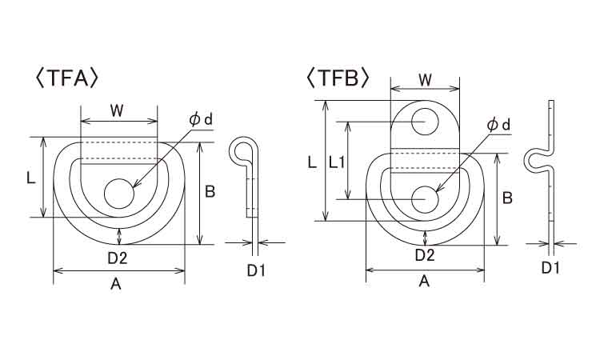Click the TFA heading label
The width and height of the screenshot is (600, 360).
click(67, 78)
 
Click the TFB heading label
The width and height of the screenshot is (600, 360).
click(338, 78)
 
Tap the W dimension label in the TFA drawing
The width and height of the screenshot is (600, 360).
click(117, 111)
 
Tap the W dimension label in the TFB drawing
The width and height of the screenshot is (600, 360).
click(425, 80)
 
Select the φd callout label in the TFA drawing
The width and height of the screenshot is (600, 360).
click(201, 120)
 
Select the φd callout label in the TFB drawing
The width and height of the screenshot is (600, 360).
click(498, 125)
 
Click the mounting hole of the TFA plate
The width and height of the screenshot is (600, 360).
click(119, 193)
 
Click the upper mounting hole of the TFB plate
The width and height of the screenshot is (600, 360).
click(425, 122)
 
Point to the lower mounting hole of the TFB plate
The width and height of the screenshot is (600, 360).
click(425, 199)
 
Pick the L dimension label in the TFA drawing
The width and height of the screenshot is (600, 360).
click(31, 178)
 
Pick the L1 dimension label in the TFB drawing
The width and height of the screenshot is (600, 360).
click(337, 163)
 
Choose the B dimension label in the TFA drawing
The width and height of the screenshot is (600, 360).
click(210, 192)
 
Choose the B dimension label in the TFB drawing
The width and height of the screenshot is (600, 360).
click(507, 198)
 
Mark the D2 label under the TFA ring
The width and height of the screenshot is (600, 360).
click(117, 258)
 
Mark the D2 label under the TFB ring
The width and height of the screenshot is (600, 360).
click(425, 255)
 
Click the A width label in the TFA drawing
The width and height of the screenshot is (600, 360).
click(115, 284)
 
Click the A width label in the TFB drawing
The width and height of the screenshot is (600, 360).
click(424, 282)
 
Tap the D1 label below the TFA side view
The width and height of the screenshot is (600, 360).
click(256, 271)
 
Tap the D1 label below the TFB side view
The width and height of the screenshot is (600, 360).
click(550, 268)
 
